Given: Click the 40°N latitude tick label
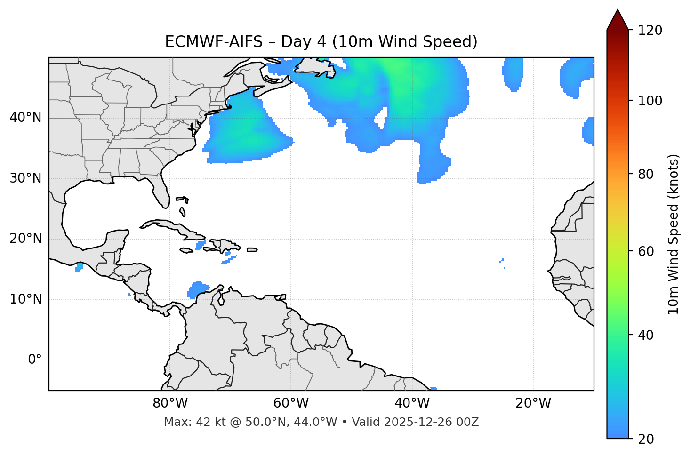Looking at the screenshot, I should pyautogui.click(x=25, y=118).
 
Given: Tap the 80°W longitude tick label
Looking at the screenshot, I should pyautogui.click(x=170, y=403).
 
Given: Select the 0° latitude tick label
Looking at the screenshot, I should pyautogui.click(x=35, y=360).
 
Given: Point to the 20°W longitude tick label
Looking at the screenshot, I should pyautogui.click(x=533, y=403).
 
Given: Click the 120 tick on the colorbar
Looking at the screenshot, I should pyautogui.click(x=650, y=31).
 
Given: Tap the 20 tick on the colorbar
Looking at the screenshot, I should pyautogui.click(x=646, y=439).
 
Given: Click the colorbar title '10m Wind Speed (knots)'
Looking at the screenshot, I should pyautogui.click(x=674, y=234).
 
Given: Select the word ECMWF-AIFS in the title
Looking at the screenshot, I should pyautogui.click(x=214, y=42).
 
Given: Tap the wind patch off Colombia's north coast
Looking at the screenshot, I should pyautogui.click(x=198, y=288).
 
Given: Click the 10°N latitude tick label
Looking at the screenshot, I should pyautogui.click(x=25, y=299).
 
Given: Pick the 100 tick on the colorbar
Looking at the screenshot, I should pyautogui.click(x=650, y=101).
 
